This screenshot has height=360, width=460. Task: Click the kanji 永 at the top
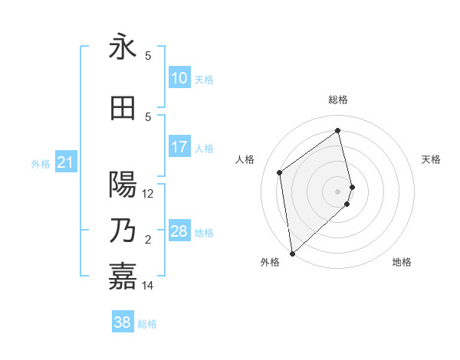point(123,47)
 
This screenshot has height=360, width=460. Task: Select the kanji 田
point(123,108)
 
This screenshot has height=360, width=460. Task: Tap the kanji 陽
point(123,185)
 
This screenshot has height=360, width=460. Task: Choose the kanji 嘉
point(123,277)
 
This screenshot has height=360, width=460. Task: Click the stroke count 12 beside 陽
point(148,194)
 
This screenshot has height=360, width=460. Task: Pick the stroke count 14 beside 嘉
point(148,286)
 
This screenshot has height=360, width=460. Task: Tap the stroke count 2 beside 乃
point(148,240)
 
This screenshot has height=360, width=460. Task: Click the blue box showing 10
point(179,78)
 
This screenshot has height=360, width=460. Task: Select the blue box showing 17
point(179,147)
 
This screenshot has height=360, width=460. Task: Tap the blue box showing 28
point(179,231)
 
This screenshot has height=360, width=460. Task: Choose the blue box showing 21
point(65,162)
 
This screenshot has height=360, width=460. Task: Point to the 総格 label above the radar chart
point(337,100)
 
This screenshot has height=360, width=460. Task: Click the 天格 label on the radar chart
point(431,159)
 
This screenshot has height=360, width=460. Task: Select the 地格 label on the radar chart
point(402,262)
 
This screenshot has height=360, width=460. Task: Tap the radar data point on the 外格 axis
point(291,253)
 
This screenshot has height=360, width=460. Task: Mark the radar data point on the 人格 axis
point(280,172)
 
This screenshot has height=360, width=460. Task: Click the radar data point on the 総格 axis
point(337,130)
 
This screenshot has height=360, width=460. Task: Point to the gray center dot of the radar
point(337,191)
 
